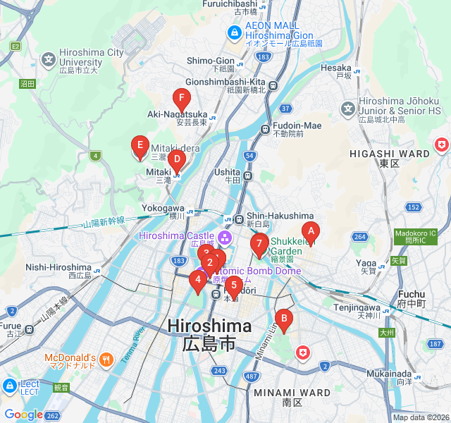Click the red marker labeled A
310,231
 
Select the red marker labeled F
182,99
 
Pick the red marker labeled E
140,147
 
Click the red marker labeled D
176,159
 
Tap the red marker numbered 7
259,244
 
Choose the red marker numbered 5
234,286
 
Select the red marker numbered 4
198,280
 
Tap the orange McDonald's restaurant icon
106,357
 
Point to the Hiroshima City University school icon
49,59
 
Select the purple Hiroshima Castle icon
225,235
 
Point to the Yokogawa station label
163,209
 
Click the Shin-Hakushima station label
280,216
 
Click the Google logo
23,415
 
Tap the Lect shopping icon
11,386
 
